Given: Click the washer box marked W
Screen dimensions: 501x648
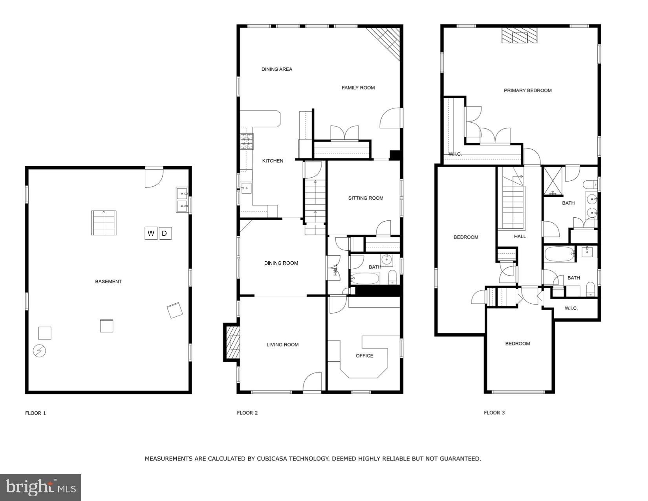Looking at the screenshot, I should coord(151,233).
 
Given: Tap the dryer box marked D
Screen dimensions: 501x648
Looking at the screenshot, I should coord(165,233).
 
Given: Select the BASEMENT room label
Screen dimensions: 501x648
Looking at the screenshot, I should coord(108,281).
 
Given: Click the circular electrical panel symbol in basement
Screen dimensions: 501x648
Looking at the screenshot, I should coord(39,351).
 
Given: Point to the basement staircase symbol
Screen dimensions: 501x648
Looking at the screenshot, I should coord(104,223).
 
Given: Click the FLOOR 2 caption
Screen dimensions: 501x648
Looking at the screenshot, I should coord(247,413).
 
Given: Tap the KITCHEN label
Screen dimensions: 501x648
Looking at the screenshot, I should coord(273,161).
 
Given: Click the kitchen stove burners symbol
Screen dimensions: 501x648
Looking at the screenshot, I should coord(247,141).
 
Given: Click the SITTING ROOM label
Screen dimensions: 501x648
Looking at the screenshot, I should coord(366,198).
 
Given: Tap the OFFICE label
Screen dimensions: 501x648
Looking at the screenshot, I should coord(364,356).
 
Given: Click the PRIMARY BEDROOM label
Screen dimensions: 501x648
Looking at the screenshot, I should coord(527,90).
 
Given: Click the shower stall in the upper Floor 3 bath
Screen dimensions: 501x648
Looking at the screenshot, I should coord(553,181).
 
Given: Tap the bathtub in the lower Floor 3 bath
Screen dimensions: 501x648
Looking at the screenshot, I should coord(559,254).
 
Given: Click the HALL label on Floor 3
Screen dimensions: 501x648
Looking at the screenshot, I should coord(520,237).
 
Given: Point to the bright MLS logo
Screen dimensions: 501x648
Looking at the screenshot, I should coord(41,488).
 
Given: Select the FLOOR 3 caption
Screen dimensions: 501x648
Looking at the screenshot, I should coord(494,413).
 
